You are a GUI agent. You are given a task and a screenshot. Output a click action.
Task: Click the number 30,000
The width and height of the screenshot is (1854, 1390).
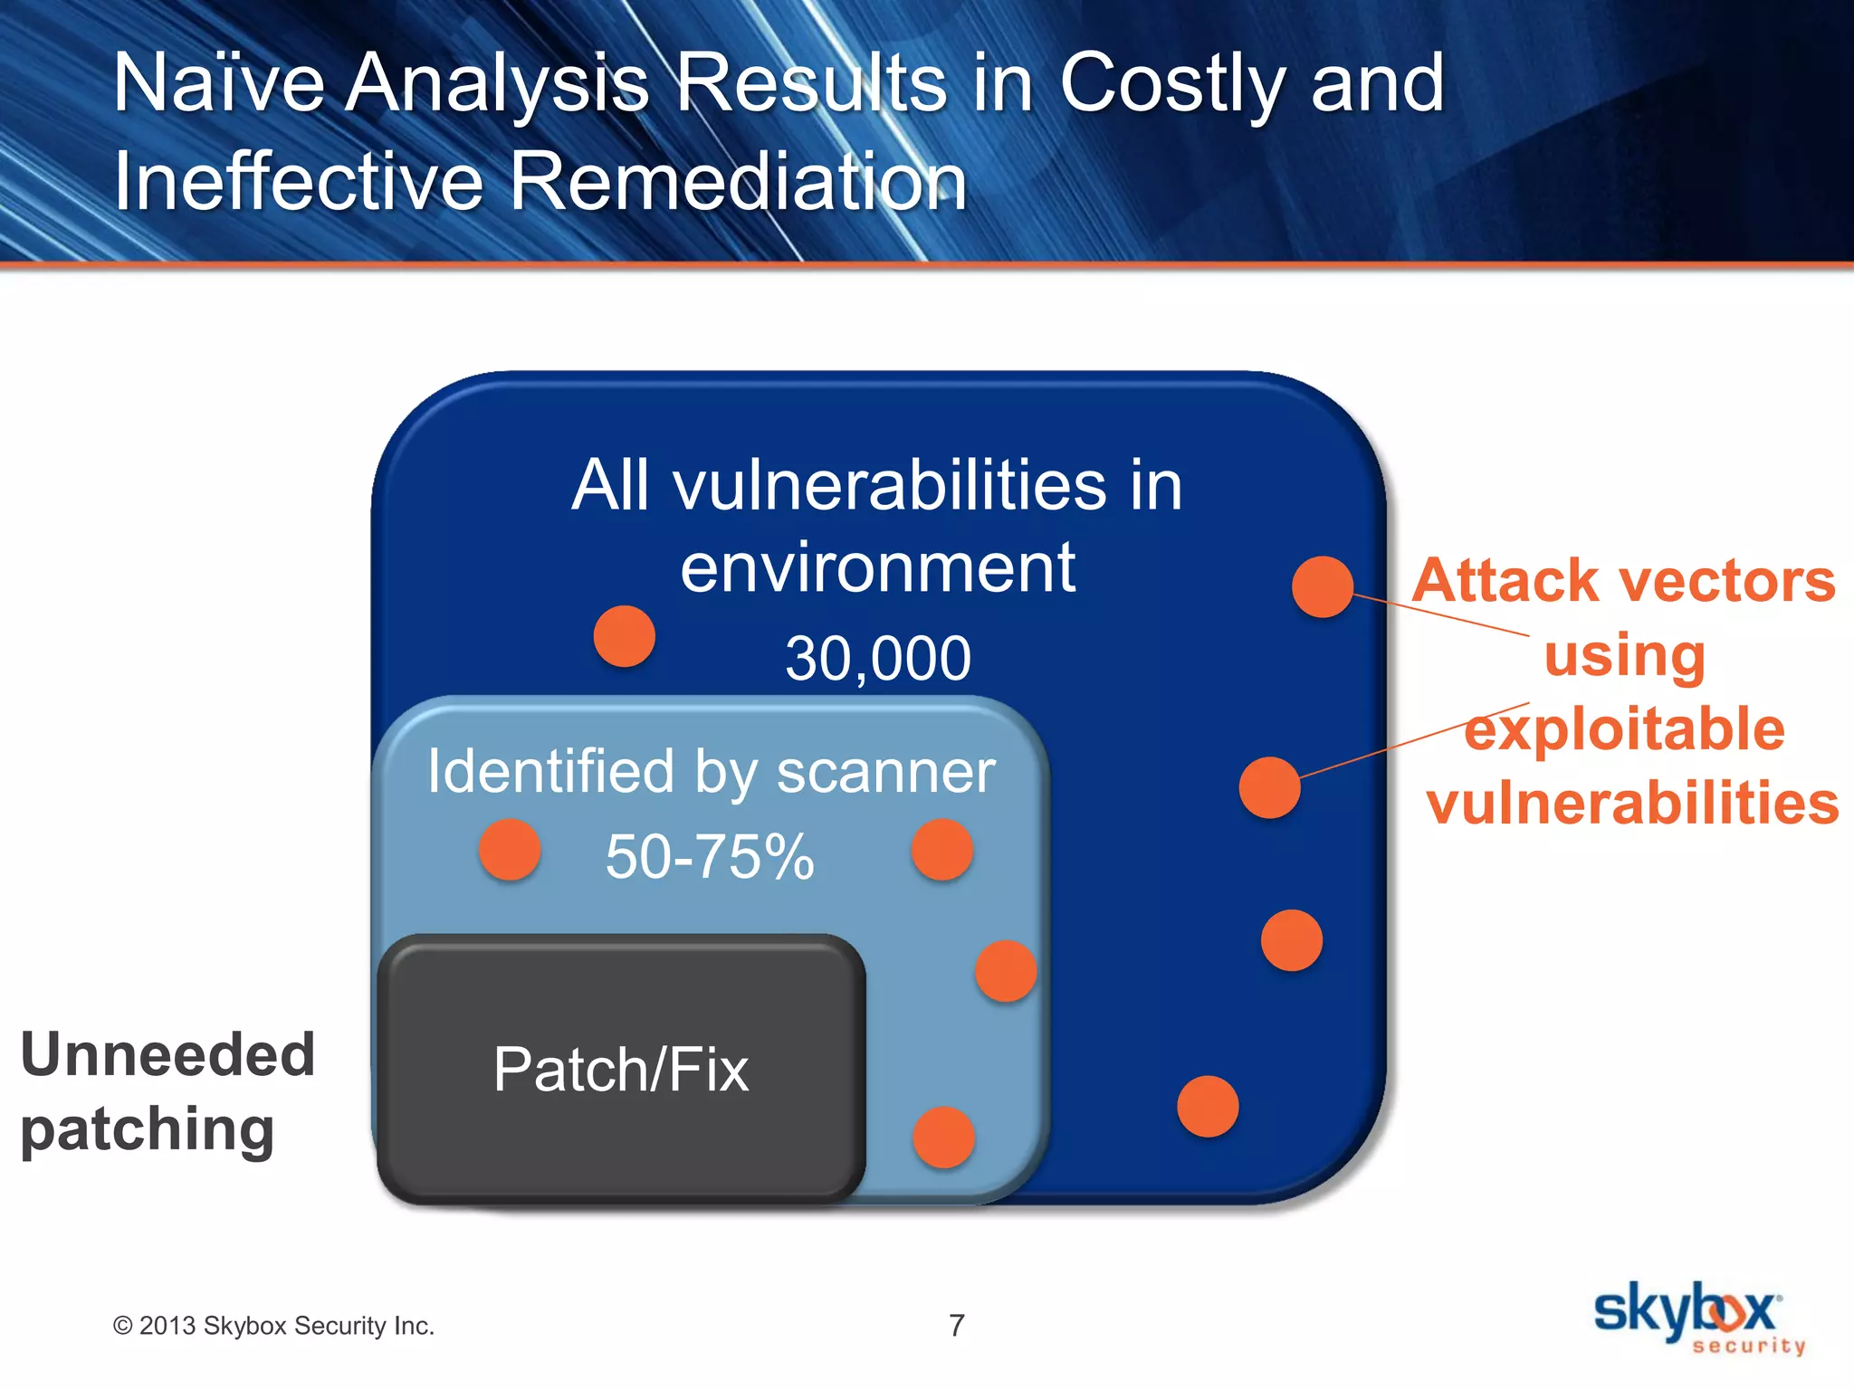click(x=877, y=658)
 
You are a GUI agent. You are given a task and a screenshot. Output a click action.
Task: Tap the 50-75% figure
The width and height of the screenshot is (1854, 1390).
click(x=709, y=856)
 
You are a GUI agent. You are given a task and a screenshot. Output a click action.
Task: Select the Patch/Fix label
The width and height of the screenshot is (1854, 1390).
click(x=621, y=1070)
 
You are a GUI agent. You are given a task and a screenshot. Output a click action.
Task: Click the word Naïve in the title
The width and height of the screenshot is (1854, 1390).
click(x=218, y=83)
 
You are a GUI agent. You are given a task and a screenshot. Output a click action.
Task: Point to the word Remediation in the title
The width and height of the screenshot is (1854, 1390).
click(x=738, y=181)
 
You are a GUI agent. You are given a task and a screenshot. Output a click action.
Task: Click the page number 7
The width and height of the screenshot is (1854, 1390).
click(x=957, y=1326)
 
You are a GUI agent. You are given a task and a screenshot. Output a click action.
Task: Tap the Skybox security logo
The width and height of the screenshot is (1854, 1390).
click(x=1698, y=1318)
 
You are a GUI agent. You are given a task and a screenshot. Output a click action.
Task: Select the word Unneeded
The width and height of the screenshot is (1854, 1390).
click(x=168, y=1055)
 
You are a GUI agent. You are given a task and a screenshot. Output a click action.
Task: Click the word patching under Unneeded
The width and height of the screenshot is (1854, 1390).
click(x=148, y=1129)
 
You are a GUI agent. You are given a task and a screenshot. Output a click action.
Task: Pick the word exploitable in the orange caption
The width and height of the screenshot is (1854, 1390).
click(x=1625, y=729)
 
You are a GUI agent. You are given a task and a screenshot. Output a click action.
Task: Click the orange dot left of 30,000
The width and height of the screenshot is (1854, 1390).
click(x=624, y=636)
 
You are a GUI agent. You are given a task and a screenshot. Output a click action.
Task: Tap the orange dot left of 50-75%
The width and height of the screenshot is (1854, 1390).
click(x=510, y=850)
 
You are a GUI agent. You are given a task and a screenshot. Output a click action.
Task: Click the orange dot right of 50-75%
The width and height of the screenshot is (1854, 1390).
click(x=942, y=850)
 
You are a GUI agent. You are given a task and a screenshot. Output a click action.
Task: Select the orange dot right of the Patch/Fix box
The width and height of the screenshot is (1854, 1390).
click(x=943, y=1138)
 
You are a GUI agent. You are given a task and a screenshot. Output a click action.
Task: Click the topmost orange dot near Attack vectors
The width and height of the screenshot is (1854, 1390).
click(x=1323, y=587)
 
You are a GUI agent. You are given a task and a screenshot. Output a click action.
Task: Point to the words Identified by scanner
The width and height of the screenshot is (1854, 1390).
click(x=712, y=771)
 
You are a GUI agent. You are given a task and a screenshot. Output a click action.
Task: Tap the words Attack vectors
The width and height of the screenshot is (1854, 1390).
click(x=1624, y=580)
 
